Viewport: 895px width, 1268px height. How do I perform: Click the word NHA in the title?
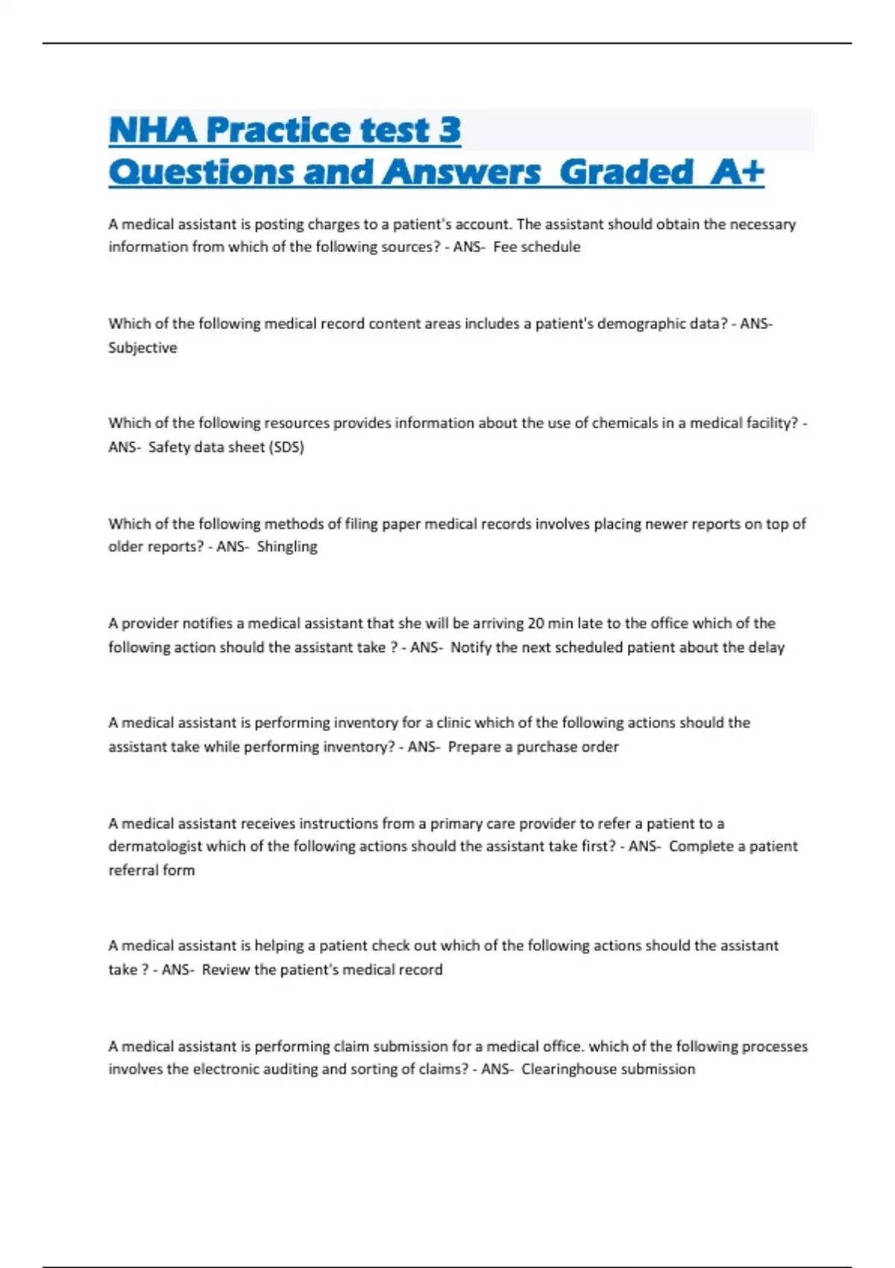[x=153, y=130]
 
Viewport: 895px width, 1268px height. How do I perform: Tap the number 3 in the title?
[x=450, y=130]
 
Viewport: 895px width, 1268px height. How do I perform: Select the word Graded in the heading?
[x=626, y=172]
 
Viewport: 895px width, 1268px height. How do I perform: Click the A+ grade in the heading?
[x=737, y=172]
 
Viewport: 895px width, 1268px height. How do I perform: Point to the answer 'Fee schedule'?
[x=536, y=247]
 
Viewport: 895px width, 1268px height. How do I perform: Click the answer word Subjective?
[x=142, y=348]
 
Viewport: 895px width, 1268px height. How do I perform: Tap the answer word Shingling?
[x=286, y=547]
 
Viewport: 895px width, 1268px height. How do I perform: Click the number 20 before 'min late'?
[x=536, y=623]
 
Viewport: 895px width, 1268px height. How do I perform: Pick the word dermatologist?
[x=155, y=847]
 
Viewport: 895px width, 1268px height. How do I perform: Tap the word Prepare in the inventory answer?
[x=474, y=747]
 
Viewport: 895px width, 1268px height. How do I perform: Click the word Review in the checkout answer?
[x=226, y=970]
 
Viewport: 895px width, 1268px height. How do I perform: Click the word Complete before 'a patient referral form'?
[x=701, y=847]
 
